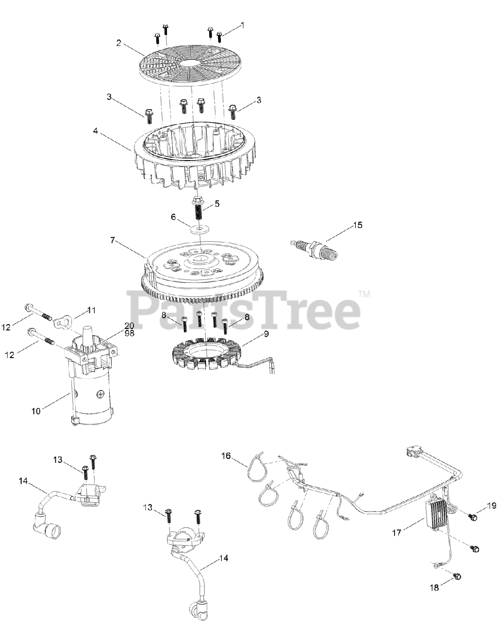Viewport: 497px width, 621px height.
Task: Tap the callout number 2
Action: click(x=118, y=43)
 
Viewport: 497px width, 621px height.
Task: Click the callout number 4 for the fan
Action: click(x=96, y=131)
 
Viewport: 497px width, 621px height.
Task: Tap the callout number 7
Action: click(x=113, y=241)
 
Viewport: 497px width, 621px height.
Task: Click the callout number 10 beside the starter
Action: click(x=36, y=411)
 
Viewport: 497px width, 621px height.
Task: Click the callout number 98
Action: click(x=129, y=333)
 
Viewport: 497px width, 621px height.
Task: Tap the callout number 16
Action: click(x=226, y=456)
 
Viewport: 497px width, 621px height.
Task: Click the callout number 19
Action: click(x=491, y=506)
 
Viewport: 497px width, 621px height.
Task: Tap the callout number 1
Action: click(x=243, y=25)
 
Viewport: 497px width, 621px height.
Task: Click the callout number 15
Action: click(x=358, y=225)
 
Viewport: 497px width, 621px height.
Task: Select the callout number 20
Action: click(x=129, y=326)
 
